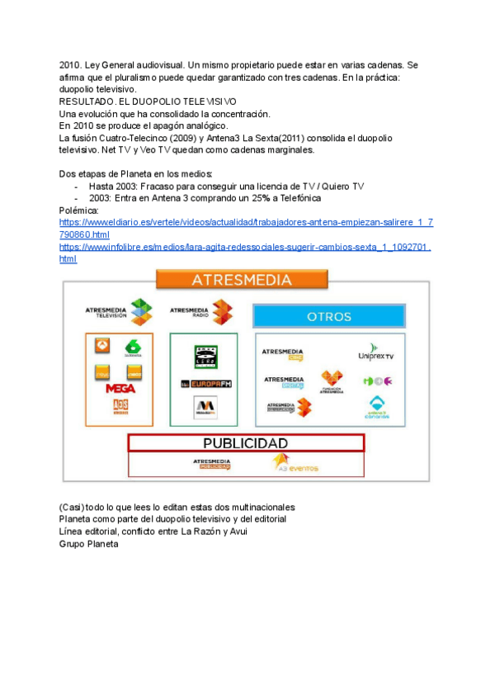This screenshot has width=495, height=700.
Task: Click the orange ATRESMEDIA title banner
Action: coord(242,280)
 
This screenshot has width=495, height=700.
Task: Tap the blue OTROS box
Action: coord(328,316)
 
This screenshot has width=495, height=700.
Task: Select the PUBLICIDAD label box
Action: coord(245,443)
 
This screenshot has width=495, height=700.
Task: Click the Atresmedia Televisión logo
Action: coord(119,310)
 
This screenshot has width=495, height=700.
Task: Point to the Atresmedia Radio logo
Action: coord(200,310)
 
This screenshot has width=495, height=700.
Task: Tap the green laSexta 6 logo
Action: coord(131,348)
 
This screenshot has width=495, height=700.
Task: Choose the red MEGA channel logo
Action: coord(120,388)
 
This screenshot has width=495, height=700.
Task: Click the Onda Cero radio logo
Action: coord(205,357)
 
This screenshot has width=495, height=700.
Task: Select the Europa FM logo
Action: coord(204,384)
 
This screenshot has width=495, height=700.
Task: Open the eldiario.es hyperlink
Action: coord(246,229)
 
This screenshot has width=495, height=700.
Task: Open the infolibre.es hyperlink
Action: coord(246,252)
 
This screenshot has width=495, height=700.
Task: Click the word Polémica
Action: coord(80,210)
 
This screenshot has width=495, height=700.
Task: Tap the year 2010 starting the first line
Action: coord(70,64)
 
